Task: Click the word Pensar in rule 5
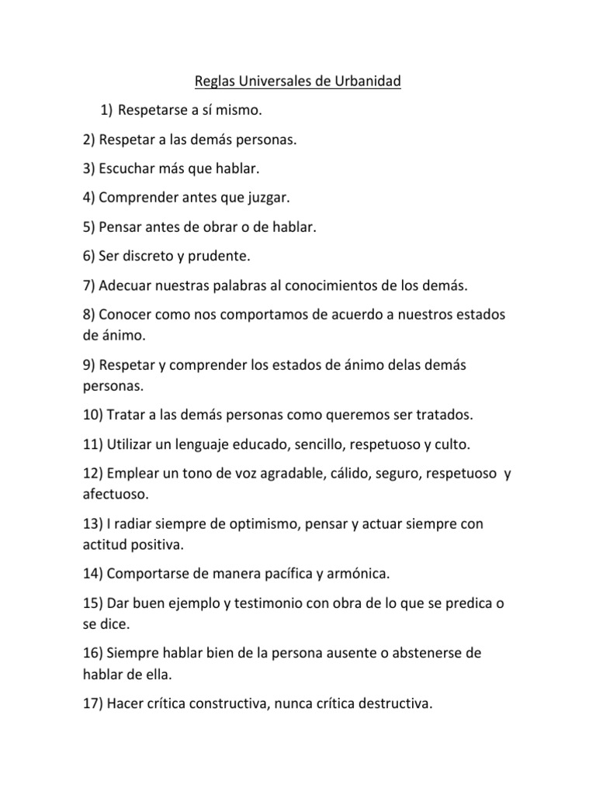pyautogui.click(x=120, y=227)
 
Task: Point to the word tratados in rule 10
pyautogui.click(x=444, y=416)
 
